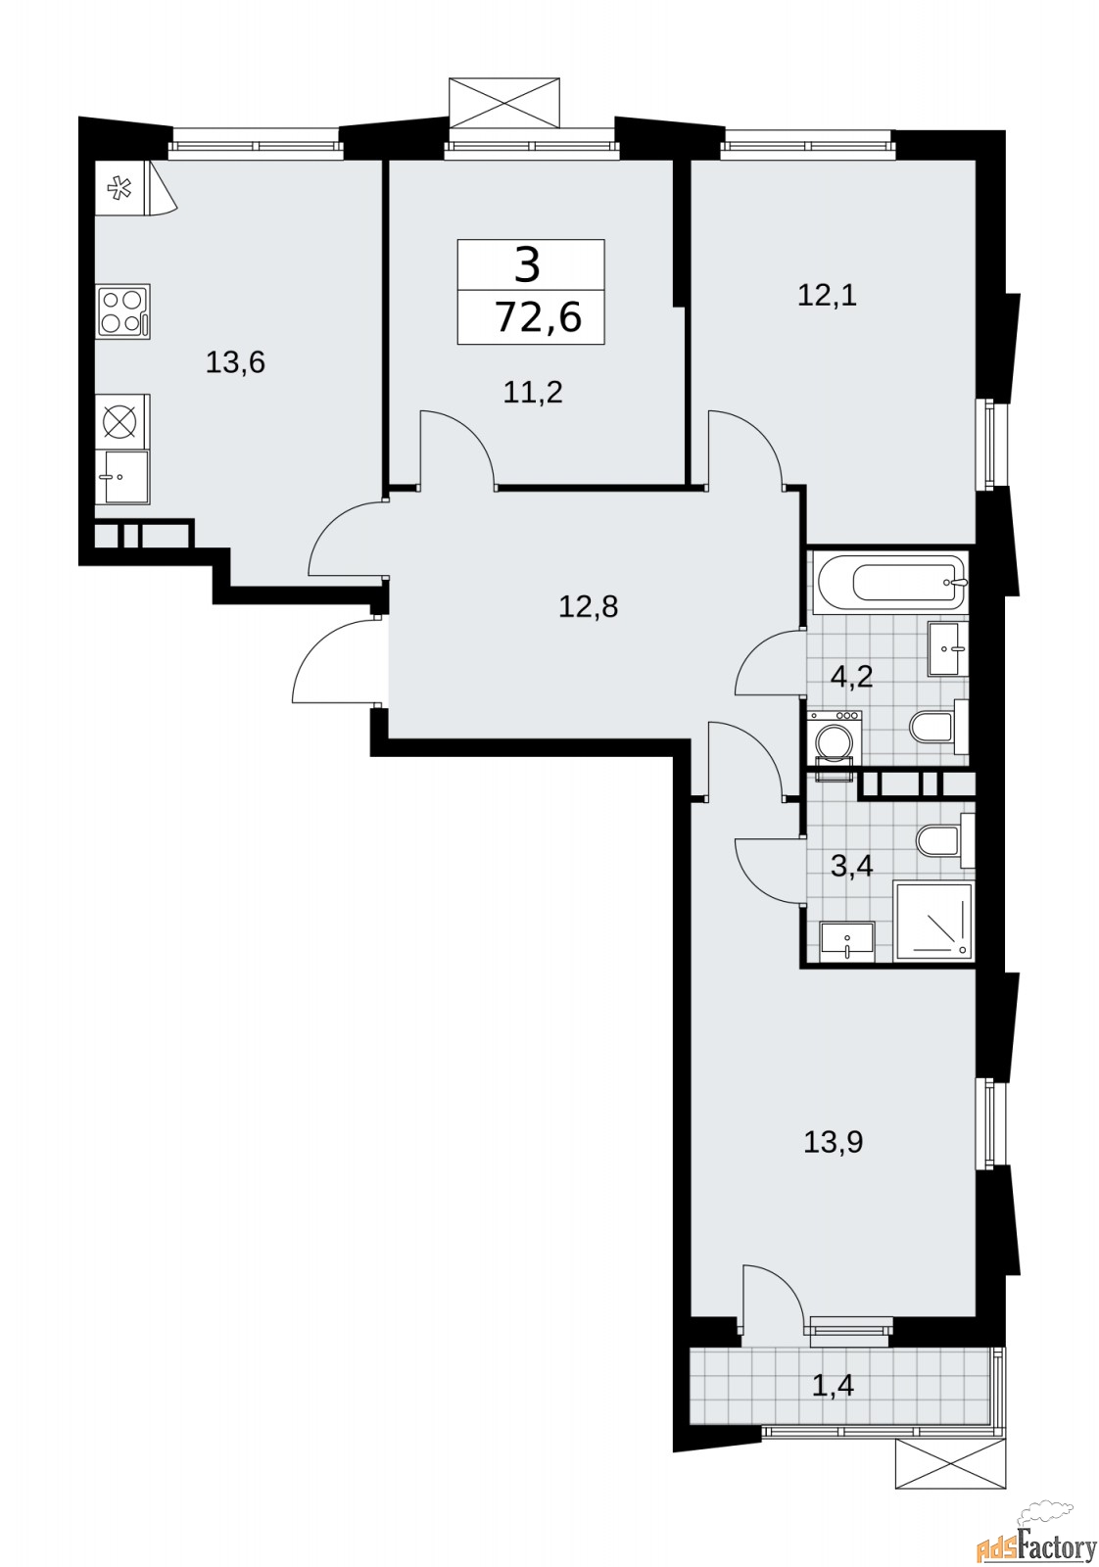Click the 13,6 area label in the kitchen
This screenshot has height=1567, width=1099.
pyautogui.click(x=235, y=363)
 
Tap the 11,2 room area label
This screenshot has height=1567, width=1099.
pyautogui.click(x=533, y=393)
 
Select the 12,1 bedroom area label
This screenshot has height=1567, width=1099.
pyautogui.click(x=827, y=296)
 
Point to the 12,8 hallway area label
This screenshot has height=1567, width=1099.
pyautogui.click(x=589, y=606)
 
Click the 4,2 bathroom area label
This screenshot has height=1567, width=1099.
pyautogui.click(x=851, y=677)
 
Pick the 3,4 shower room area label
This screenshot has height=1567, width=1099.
pyautogui.click(x=851, y=866)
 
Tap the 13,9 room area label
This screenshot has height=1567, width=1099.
pyautogui.click(x=834, y=1143)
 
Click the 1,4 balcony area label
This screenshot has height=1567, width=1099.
pyautogui.click(x=833, y=1385)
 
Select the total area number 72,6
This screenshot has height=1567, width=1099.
pyautogui.click(x=538, y=317)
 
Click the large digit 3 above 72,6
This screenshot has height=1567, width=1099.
pyautogui.click(x=528, y=266)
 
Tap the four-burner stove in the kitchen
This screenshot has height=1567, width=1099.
pyautogui.click(x=123, y=310)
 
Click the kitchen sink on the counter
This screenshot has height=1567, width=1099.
pyautogui.click(x=126, y=476)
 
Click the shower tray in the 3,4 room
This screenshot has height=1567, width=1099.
pyautogui.click(x=933, y=922)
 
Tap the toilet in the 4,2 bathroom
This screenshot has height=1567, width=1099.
pyautogui.click(x=938, y=729)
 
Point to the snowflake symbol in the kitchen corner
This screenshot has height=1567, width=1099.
pyautogui.click(x=119, y=188)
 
